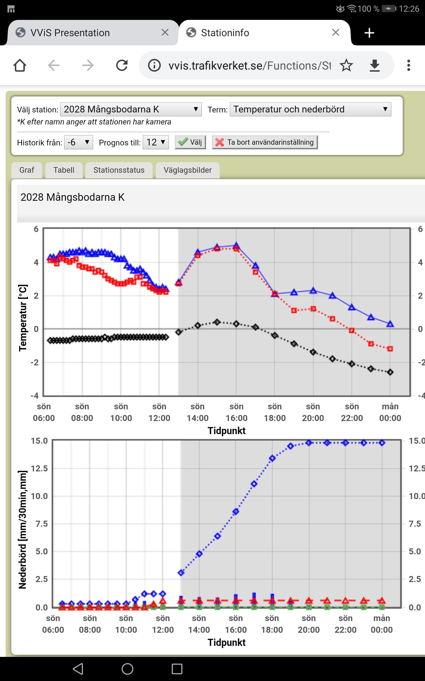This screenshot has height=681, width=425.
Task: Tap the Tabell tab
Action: (x=64, y=170)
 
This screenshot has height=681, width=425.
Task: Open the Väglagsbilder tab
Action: (x=187, y=170)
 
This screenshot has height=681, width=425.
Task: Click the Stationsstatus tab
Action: (x=119, y=170)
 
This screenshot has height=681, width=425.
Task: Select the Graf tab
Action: (x=27, y=170)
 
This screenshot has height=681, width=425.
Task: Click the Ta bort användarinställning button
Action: (x=265, y=142)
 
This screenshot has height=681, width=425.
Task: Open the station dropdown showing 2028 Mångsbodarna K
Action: (x=131, y=109)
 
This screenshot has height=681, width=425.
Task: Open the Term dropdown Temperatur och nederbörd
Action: (x=310, y=109)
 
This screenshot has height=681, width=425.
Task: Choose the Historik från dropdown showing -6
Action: (x=78, y=142)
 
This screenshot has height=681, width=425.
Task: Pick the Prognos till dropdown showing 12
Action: (x=155, y=142)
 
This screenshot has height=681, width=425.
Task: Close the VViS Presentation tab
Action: (x=165, y=33)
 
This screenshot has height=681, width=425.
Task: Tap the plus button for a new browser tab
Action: (x=369, y=33)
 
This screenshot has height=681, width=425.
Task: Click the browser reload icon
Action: (x=122, y=65)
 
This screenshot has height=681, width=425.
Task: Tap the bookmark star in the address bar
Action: (x=346, y=65)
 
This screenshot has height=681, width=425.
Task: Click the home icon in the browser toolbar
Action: (x=20, y=65)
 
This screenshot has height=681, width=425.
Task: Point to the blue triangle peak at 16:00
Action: (x=236, y=245)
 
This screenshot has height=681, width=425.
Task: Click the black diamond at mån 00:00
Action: (x=390, y=372)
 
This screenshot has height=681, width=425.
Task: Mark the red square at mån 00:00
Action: (x=390, y=349)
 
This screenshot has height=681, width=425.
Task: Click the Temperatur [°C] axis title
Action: (x=23, y=317)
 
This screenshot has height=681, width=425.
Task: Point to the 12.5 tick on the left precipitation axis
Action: (x=39, y=469)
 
